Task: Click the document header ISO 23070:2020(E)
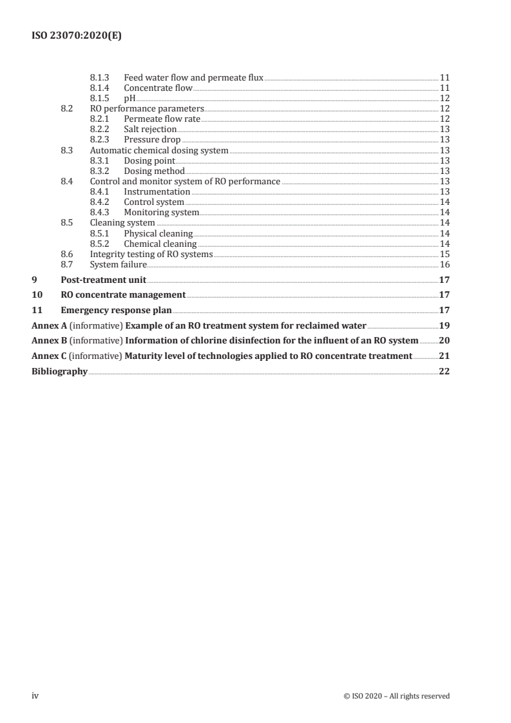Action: point(77,37)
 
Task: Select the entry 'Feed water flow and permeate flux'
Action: point(193,77)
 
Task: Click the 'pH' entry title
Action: point(130,98)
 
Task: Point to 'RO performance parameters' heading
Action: point(146,108)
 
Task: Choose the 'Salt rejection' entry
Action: point(150,129)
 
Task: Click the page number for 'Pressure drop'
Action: point(445,139)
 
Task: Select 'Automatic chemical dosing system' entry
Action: point(159,150)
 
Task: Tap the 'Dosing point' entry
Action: point(149,160)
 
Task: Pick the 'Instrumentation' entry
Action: point(157,191)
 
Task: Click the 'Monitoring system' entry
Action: point(161,212)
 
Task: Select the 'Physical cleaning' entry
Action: point(158,233)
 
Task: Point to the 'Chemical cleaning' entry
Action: point(160,244)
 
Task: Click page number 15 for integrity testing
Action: point(445,254)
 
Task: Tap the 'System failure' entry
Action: point(118,264)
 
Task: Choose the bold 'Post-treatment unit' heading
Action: point(103,280)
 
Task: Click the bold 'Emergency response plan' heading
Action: point(116,310)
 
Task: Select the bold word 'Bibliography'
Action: point(59,371)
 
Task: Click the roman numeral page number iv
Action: point(35,695)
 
